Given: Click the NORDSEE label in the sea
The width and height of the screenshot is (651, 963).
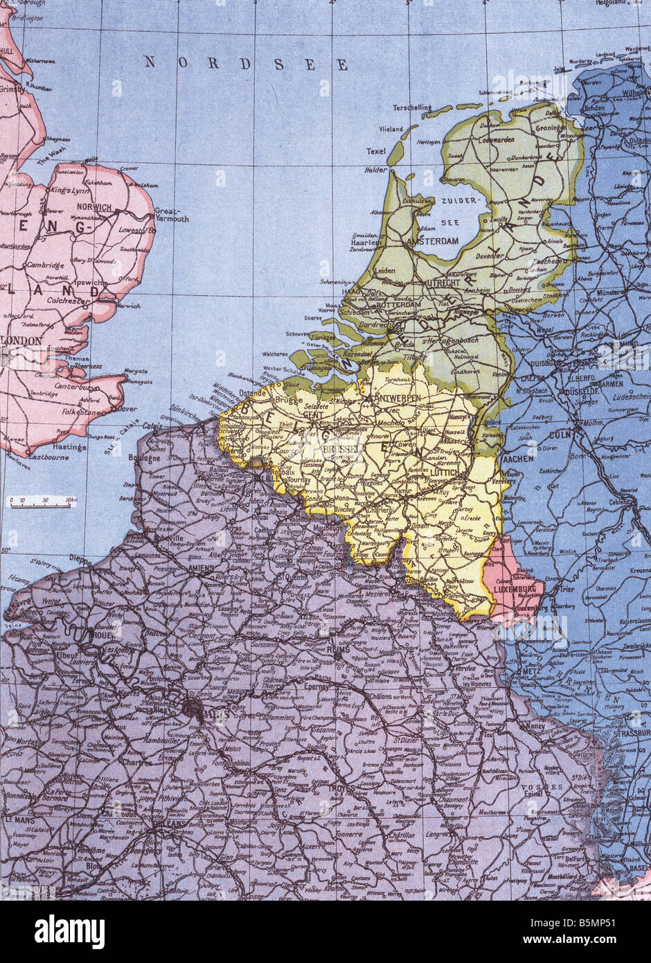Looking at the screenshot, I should (246, 64).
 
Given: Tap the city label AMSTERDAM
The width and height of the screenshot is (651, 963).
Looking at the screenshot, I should (434, 241).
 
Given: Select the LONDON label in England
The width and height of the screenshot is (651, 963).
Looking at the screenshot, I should (22, 341).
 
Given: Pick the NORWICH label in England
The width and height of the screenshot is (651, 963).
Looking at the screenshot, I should (96, 207).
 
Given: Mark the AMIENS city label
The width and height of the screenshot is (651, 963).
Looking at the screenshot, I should (201, 567).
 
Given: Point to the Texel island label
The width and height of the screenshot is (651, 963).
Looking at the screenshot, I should (376, 151).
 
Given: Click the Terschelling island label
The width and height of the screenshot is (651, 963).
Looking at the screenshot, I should (412, 107).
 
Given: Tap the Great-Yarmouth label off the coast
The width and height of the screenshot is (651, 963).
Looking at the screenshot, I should (171, 214).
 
